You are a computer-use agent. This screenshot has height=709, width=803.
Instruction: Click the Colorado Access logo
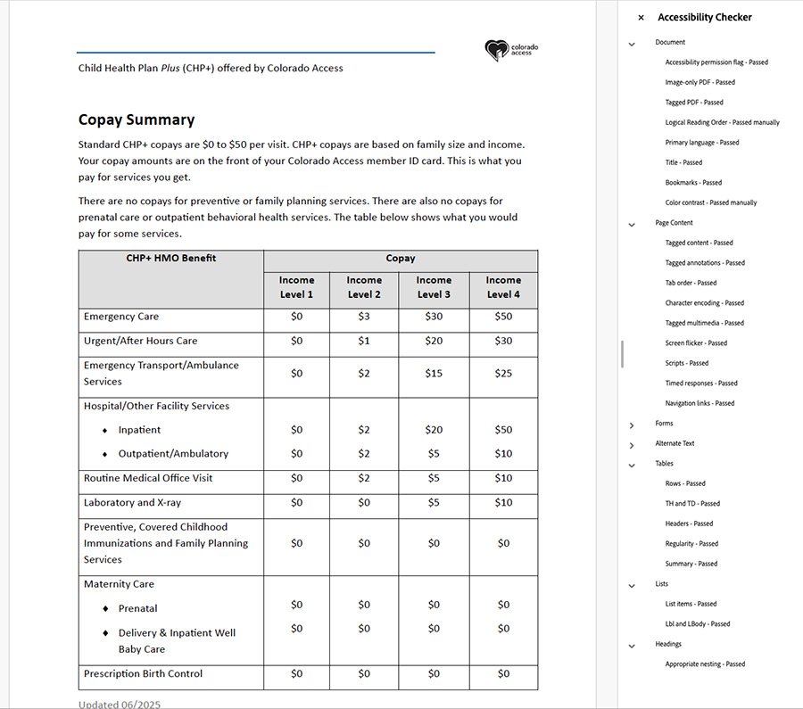click(511, 50)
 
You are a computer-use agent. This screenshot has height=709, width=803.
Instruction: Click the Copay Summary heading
click(137, 120)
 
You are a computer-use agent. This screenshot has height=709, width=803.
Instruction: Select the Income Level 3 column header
click(434, 287)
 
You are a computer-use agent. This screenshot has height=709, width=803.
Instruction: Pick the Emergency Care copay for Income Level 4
click(503, 317)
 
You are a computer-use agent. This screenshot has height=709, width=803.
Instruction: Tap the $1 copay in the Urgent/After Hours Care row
click(364, 341)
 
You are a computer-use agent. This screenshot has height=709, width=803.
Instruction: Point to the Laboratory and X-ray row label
click(132, 503)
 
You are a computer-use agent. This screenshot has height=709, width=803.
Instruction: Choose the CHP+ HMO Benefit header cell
click(171, 259)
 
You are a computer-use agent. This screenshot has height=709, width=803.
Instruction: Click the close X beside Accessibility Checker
click(641, 18)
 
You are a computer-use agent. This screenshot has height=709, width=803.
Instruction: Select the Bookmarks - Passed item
click(693, 183)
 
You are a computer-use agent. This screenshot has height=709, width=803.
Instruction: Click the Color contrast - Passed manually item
click(711, 202)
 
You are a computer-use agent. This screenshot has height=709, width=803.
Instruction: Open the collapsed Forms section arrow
click(632, 425)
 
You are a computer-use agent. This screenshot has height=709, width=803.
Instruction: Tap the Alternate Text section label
click(675, 443)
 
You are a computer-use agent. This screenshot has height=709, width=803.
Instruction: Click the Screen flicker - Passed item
click(696, 343)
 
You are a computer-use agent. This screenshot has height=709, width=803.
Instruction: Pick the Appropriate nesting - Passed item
click(705, 664)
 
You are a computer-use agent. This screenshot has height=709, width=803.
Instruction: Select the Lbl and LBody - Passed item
click(698, 624)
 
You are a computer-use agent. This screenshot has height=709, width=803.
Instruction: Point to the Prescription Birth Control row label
click(143, 673)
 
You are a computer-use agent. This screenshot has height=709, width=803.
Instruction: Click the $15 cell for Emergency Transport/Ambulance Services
click(434, 374)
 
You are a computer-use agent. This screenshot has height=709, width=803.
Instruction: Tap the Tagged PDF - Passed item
click(694, 103)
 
